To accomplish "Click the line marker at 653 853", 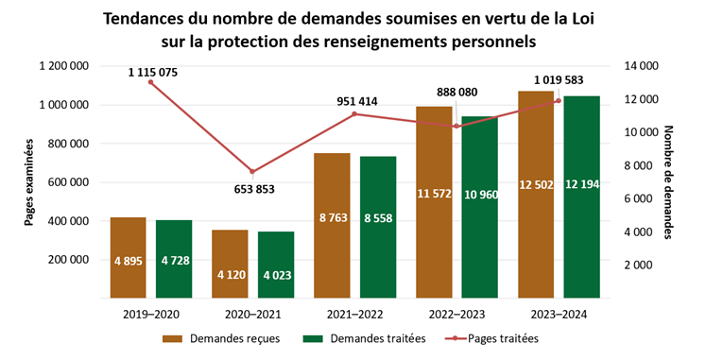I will [252, 172].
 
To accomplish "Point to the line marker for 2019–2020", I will [151, 82].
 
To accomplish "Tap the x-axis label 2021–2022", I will [354, 313].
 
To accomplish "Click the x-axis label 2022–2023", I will [456, 313].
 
